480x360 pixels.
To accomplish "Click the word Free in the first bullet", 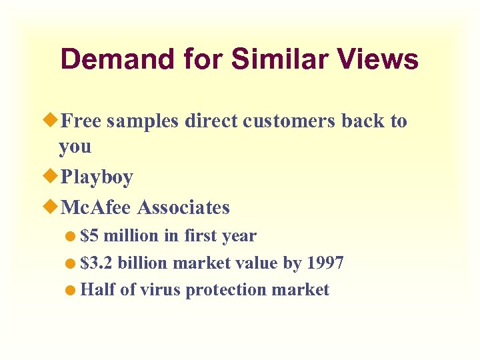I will point(81,121).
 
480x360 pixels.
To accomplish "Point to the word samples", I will point(143,121).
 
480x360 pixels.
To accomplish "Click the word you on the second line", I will point(74,147).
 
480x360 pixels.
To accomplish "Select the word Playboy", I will point(96,178).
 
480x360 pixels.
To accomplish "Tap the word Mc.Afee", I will point(96,207).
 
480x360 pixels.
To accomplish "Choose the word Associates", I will point(183,207).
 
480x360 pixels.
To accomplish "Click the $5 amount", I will point(89,236).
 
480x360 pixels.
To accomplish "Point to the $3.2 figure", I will point(96,263).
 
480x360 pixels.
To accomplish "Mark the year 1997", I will point(325,263).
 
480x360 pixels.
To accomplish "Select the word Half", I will point(97,290).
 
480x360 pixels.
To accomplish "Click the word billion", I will point(142,263).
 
